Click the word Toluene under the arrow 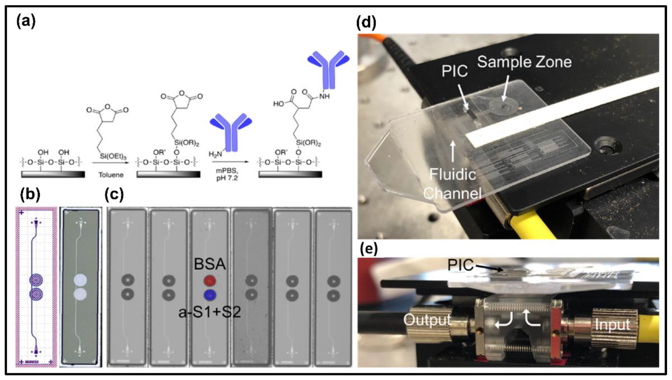(x=111, y=175)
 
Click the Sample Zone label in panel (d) (x=524, y=62)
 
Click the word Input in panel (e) (x=612, y=325)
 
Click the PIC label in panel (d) (x=454, y=71)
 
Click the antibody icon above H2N (x=231, y=132)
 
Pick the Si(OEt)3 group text (x=113, y=157)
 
